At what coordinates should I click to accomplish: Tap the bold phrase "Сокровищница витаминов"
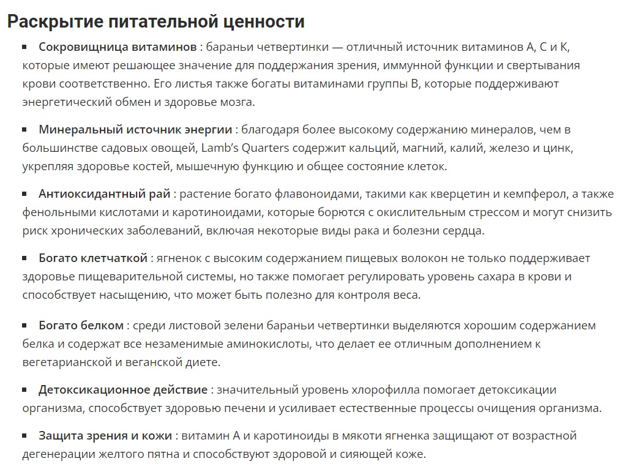click(118, 47)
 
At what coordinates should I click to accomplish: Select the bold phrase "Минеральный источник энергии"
click(135, 130)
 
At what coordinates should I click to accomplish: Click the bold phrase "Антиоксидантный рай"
click(105, 194)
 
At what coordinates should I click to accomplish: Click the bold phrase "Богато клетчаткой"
click(93, 258)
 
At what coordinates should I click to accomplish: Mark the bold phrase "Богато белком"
click(81, 326)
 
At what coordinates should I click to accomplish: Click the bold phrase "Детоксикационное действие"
click(123, 390)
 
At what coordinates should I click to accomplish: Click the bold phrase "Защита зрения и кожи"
click(105, 436)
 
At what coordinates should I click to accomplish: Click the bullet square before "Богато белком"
click(25, 325)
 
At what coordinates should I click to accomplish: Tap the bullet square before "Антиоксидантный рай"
click(25, 193)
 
